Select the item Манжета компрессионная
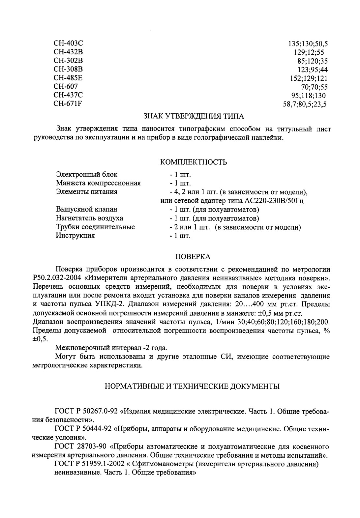pyautogui.click(x=98, y=183)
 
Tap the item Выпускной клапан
pyautogui.click(x=86, y=210)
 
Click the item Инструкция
pyautogui.click(x=75, y=236)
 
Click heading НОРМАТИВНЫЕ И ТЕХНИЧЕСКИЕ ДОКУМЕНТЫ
pyautogui.click(x=192, y=387)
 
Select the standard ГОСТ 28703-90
pyautogui.click(x=80, y=447)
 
